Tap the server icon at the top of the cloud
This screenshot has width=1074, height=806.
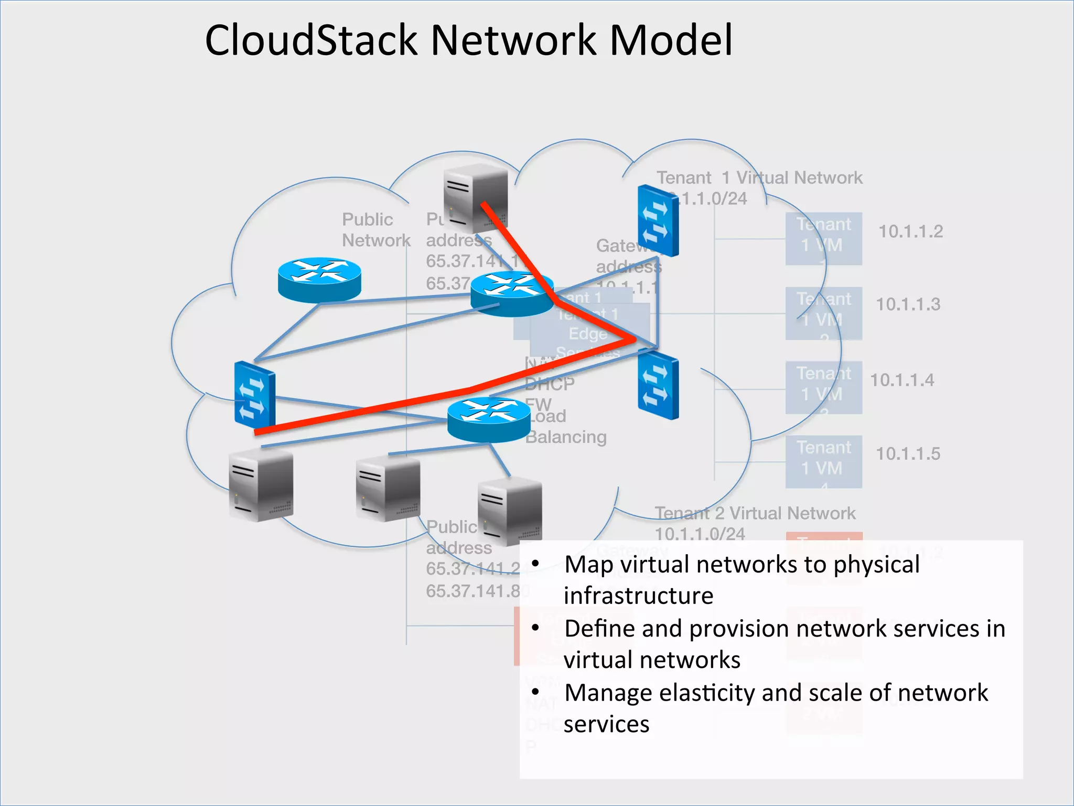(x=475, y=198)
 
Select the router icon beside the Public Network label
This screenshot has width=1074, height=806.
(x=319, y=279)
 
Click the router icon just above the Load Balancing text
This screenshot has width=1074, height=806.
(x=489, y=419)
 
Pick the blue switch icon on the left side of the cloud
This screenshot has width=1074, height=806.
(x=254, y=395)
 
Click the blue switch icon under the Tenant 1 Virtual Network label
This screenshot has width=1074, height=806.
(x=658, y=220)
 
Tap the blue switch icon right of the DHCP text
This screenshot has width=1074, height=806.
(x=658, y=386)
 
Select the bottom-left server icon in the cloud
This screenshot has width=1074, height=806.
(x=261, y=486)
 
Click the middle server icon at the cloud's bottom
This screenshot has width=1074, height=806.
(x=388, y=489)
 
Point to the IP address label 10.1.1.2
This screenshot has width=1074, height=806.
(x=910, y=231)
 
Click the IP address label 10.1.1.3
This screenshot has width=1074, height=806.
(x=908, y=304)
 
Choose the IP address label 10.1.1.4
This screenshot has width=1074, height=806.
(x=902, y=380)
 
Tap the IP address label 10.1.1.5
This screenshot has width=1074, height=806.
(x=908, y=454)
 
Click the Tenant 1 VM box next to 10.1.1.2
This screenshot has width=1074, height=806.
(x=823, y=238)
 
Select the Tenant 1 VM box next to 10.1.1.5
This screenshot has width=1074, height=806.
(x=823, y=461)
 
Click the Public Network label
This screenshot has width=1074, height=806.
(x=375, y=230)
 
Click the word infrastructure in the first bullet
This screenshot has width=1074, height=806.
(x=638, y=596)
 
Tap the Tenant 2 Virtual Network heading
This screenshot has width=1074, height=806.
(x=755, y=513)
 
